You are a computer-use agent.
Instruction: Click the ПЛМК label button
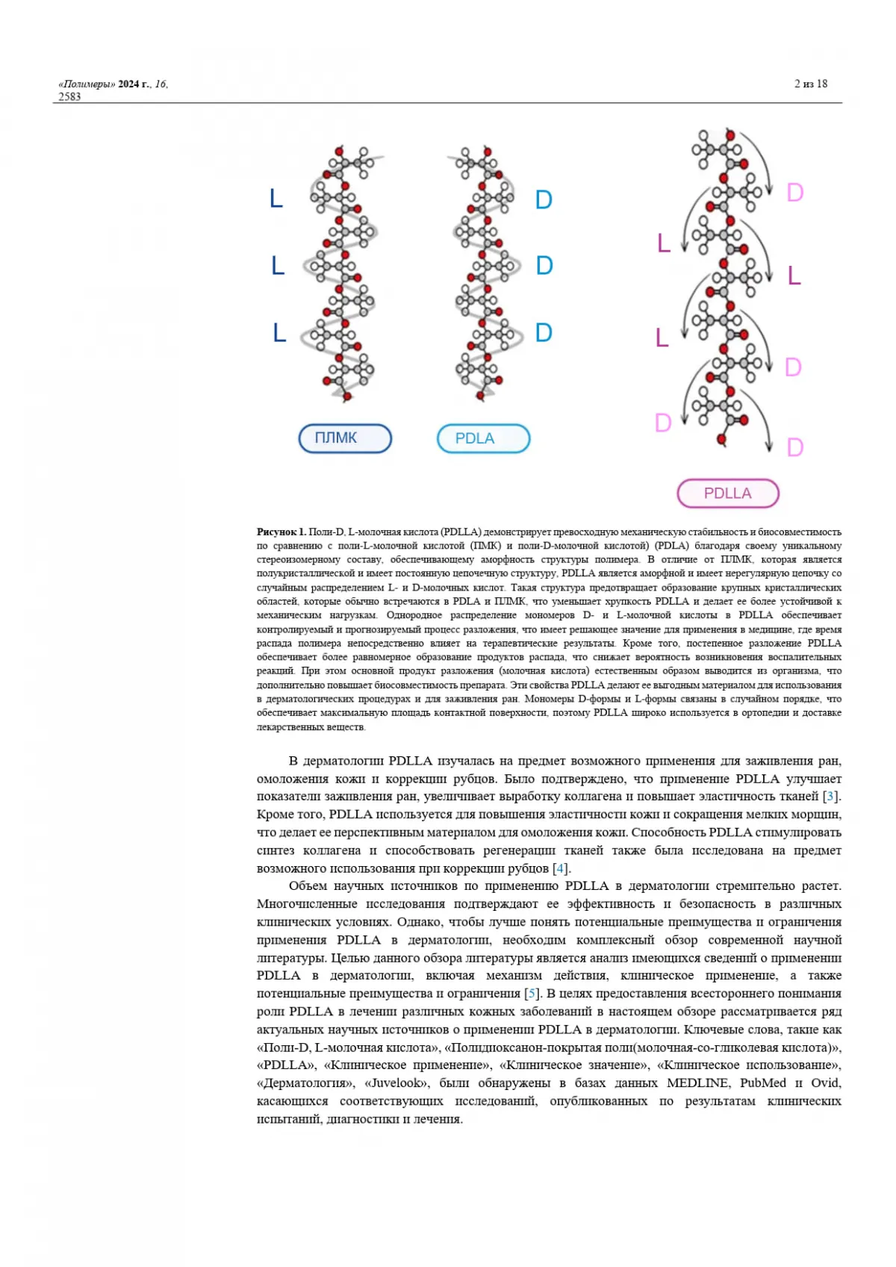(x=345, y=438)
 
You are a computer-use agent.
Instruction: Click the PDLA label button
(x=483, y=438)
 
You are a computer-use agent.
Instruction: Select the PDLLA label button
(x=728, y=494)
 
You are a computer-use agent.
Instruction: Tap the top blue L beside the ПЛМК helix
(x=276, y=199)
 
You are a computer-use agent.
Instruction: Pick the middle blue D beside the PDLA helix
(x=544, y=266)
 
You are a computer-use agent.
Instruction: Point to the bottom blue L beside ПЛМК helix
(x=279, y=333)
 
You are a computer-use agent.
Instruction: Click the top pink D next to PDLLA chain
(x=795, y=193)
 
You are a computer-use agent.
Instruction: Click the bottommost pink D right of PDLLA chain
(x=795, y=448)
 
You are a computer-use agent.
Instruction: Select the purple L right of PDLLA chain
(x=794, y=276)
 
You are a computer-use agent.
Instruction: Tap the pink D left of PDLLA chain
(x=662, y=423)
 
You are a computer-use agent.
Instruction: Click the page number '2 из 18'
(x=811, y=84)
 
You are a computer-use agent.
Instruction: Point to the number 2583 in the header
(x=69, y=96)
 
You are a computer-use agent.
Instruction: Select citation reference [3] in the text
(x=830, y=797)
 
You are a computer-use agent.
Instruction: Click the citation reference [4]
(x=560, y=868)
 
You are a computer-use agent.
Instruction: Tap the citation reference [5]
(x=532, y=994)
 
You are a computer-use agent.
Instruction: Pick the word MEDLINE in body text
(x=698, y=1083)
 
